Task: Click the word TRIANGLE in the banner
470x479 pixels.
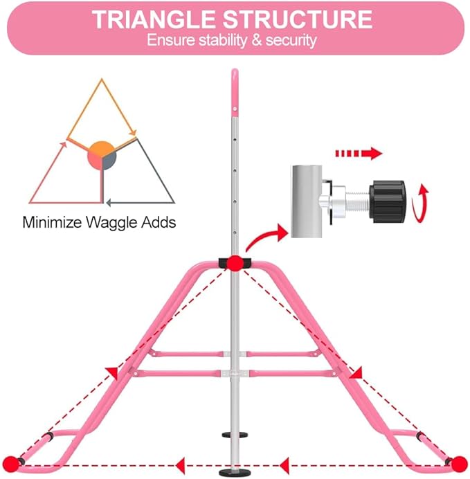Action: tap(154, 20)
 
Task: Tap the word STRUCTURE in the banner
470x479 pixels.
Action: tap(298, 20)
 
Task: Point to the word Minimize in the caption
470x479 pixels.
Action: tap(52, 222)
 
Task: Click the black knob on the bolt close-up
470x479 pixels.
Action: tap(388, 201)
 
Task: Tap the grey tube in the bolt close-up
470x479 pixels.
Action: tap(307, 201)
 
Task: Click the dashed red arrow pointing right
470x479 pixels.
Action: tap(359, 153)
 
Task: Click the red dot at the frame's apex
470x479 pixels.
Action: tap(235, 263)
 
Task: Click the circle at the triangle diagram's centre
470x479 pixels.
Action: tap(102, 156)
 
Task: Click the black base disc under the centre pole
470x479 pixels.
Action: tap(235, 472)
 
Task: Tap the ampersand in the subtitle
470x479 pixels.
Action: tap(257, 41)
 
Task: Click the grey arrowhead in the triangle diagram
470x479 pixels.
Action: tap(109, 203)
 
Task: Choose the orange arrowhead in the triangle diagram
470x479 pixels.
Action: tap(133, 132)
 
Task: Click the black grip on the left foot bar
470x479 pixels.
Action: tap(49, 437)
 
